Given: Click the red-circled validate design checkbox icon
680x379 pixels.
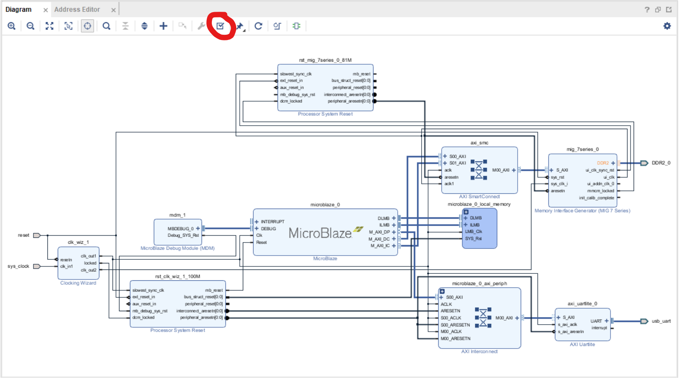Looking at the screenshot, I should pyautogui.click(x=220, y=26).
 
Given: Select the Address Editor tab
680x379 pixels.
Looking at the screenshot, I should pyautogui.click(x=77, y=10).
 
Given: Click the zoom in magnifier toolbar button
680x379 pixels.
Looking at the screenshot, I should pyautogui.click(x=12, y=26).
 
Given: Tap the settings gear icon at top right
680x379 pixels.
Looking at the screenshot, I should pyautogui.click(x=667, y=26).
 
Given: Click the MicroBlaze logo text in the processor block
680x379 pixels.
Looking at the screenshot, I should pyautogui.click(x=320, y=233).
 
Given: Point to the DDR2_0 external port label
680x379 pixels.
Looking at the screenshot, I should pyautogui.click(x=661, y=163).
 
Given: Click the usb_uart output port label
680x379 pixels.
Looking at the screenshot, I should pyautogui.click(x=661, y=321).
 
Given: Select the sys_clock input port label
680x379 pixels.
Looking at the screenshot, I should pyautogui.click(x=18, y=266).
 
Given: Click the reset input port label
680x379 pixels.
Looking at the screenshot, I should pyautogui.click(x=23, y=235).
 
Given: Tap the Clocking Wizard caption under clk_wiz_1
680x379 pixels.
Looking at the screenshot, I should pyautogui.click(x=78, y=283).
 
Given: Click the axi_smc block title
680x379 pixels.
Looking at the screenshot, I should pyautogui.click(x=479, y=143).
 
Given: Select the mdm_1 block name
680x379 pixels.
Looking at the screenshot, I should pyautogui.click(x=177, y=215).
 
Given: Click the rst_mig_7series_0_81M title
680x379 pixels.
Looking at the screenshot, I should pyautogui.click(x=325, y=60).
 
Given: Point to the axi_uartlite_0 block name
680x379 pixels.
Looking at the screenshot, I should pyautogui.click(x=582, y=304).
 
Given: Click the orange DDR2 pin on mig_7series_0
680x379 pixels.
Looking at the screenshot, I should pyautogui.click(x=603, y=163).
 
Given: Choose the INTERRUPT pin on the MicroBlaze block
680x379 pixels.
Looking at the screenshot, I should pyautogui.click(x=272, y=222).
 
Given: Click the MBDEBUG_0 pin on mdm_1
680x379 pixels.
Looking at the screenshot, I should pyautogui.click(x=180, y=229).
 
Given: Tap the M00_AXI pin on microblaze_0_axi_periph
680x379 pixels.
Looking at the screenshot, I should pyautogui.click(x=504, y=318).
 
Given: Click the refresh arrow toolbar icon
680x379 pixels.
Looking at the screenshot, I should pyautogui.click(x=258, y=26).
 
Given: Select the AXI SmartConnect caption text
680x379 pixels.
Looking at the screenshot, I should pyautogui.click(x=479, y=196).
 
